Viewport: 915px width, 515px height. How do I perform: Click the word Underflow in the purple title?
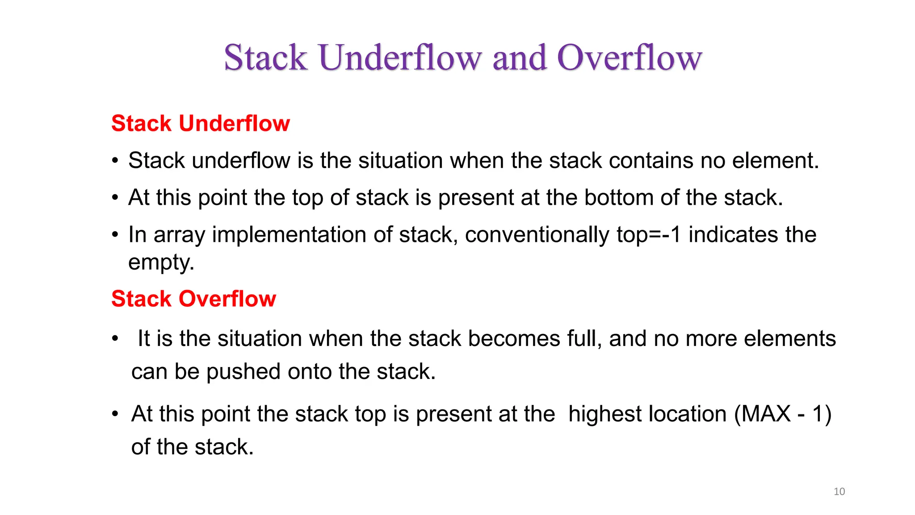pyautogui.click(x=400, y=58)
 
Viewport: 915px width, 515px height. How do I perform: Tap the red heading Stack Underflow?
pyautogui.click(x=201, y=123)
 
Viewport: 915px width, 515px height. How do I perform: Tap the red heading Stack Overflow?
pyautogui.click(x=193, y=299)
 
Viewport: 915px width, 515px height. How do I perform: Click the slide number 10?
pyautogui.click(x=839, y=491)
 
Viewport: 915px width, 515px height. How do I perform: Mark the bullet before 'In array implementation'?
pyautogui.click(x=115, y=235)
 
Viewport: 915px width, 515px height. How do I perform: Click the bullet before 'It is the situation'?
pyautogui.click(x=115, y=338)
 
